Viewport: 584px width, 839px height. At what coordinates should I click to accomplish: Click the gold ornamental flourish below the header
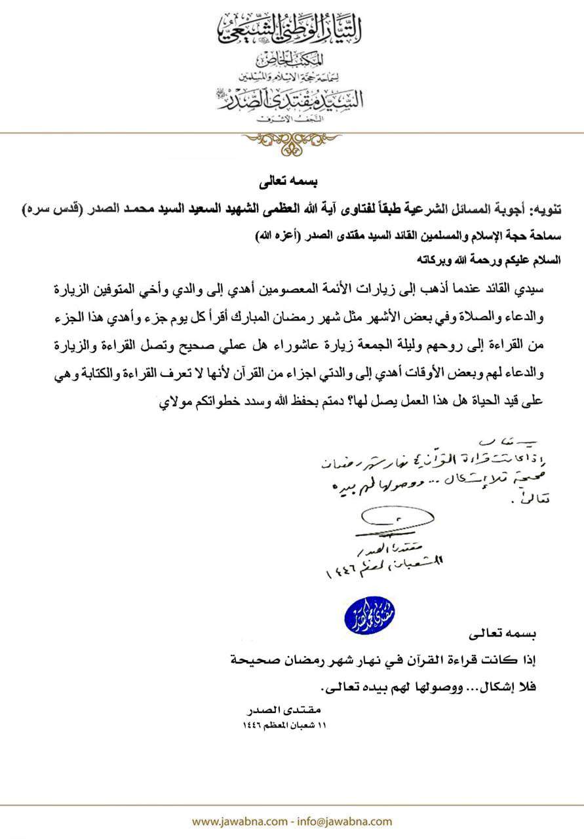coord(291,142)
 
